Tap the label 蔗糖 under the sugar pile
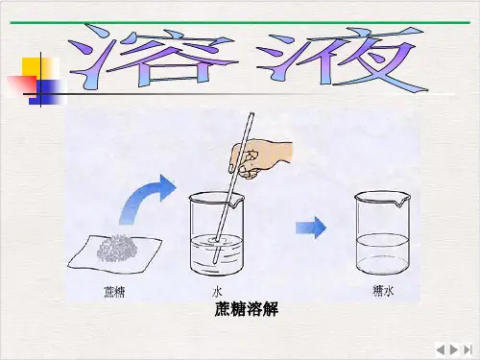(114, 292)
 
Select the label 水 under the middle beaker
(217, 292)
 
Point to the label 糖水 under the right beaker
(383, 291)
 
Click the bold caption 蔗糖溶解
(246, 309)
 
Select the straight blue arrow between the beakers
(311, 228)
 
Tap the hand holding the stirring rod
(259, 157)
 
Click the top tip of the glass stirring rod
(252, 113)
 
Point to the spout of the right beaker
(400, 203)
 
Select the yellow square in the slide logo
(40, 67)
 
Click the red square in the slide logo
(22, 85)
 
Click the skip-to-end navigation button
(468, 349)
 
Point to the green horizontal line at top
(240, 22)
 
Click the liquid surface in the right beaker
(382, 240)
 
